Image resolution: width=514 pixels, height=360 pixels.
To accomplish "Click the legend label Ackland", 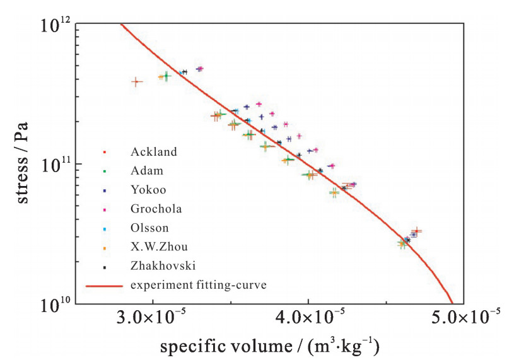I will pos(154,152).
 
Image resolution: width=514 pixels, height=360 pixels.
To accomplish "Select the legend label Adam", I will pos(147,171).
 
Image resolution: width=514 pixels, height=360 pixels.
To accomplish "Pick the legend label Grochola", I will pos(156,209).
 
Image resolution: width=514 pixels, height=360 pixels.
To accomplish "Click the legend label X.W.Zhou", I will pos(159,247).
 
